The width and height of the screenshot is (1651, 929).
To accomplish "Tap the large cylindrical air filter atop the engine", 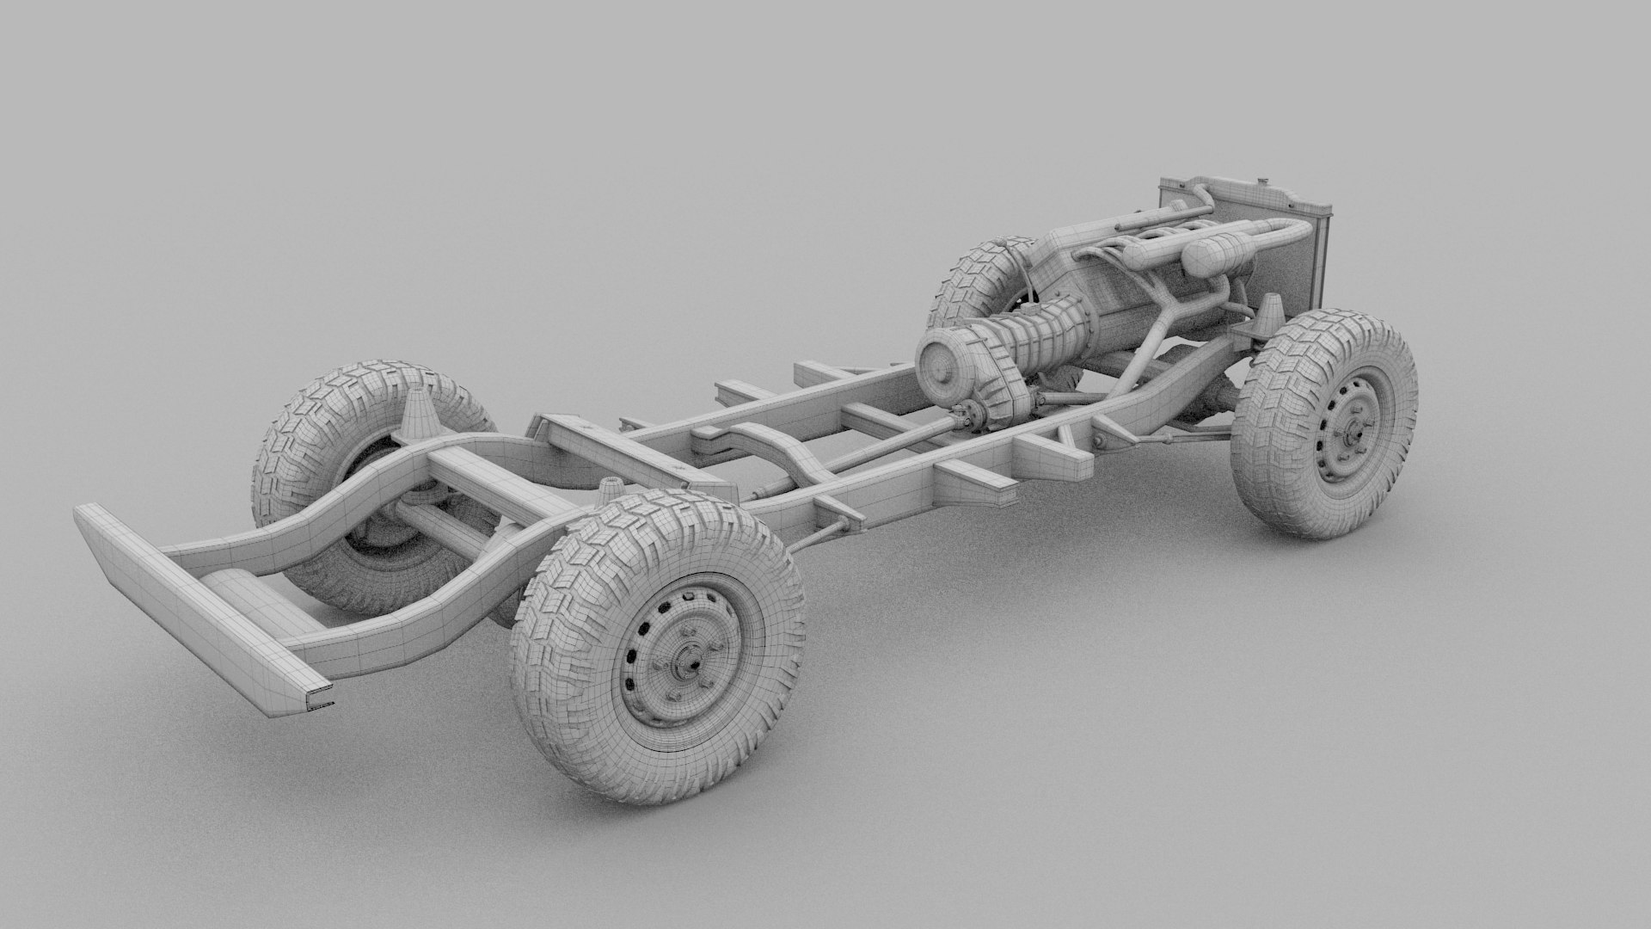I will pos(1210,253).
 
